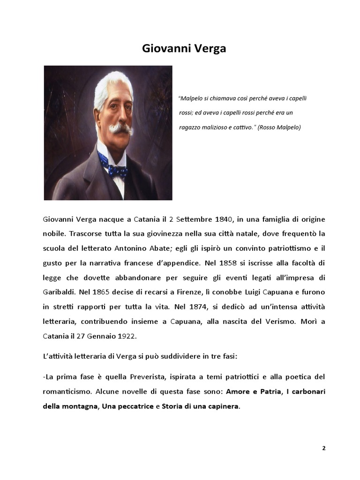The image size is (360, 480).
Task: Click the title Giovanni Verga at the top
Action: tap(184, 48)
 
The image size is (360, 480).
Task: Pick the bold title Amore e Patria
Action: tap(253, 391)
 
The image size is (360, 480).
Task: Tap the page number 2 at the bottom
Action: tap(323, 448)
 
